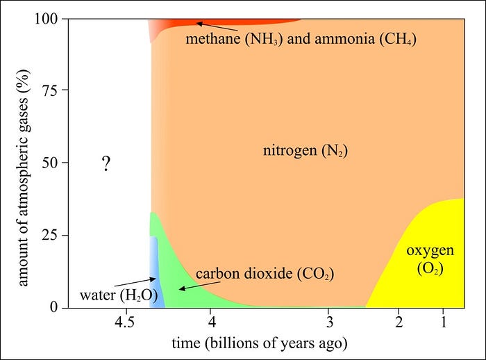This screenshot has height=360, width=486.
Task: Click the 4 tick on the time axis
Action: coord(212,322)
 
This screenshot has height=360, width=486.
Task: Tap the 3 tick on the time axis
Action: coord(330,322)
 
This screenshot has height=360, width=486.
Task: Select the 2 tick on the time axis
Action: coord(399,322)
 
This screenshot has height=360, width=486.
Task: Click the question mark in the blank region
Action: coord(106,165)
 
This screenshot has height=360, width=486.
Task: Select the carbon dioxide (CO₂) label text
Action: coord(265,274)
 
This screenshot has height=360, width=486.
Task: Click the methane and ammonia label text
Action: coord(301,38)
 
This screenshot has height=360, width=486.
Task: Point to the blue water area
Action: coord(156,278)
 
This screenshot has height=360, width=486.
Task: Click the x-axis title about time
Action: coord(259,344)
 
